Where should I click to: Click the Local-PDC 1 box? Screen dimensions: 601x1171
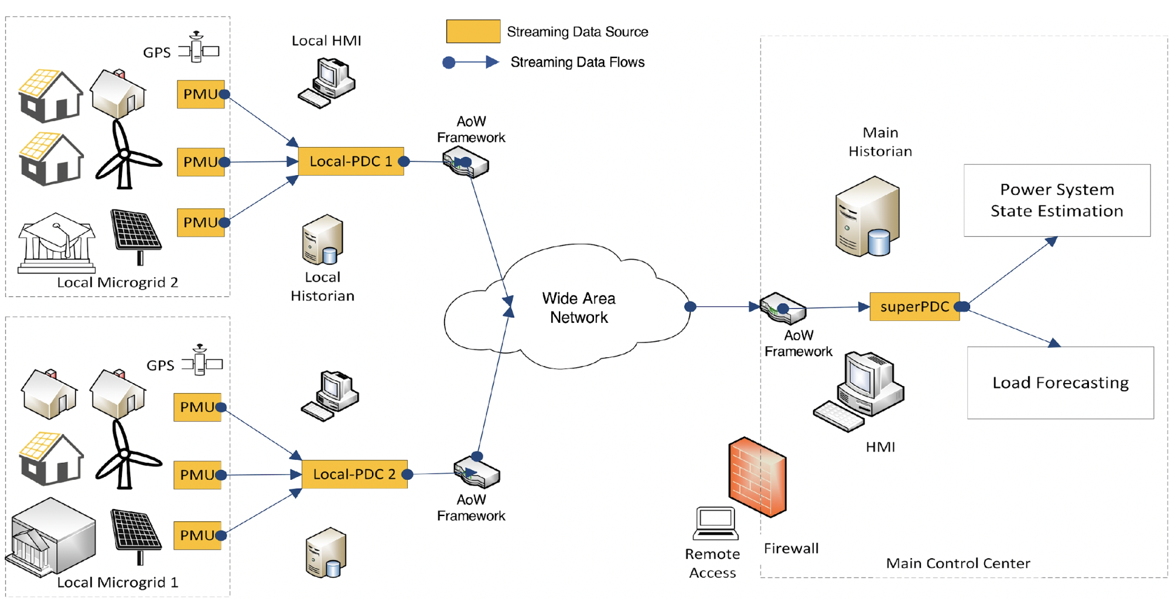(x=350, y=161)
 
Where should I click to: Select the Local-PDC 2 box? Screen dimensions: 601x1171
(x=354, y=474)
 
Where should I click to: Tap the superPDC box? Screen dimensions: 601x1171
(x=914, y=306)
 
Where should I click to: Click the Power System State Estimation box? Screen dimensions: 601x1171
(x=1056, y=200)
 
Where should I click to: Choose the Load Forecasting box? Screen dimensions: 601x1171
(x=1060, y=383)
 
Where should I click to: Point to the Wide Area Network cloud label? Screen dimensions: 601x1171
(x=578, y=308)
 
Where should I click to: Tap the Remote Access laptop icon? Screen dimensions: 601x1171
(x=715, y=523)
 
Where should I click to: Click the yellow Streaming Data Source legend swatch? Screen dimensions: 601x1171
(x=473, y=31)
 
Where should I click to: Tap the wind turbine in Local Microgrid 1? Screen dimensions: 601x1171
(x=125, y=454)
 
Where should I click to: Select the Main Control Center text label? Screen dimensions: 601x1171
(x=957, y=564)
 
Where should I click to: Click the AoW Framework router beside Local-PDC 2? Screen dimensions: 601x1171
(x=477, y=472)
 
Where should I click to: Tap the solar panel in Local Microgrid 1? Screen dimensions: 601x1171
(x=136, y=533)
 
